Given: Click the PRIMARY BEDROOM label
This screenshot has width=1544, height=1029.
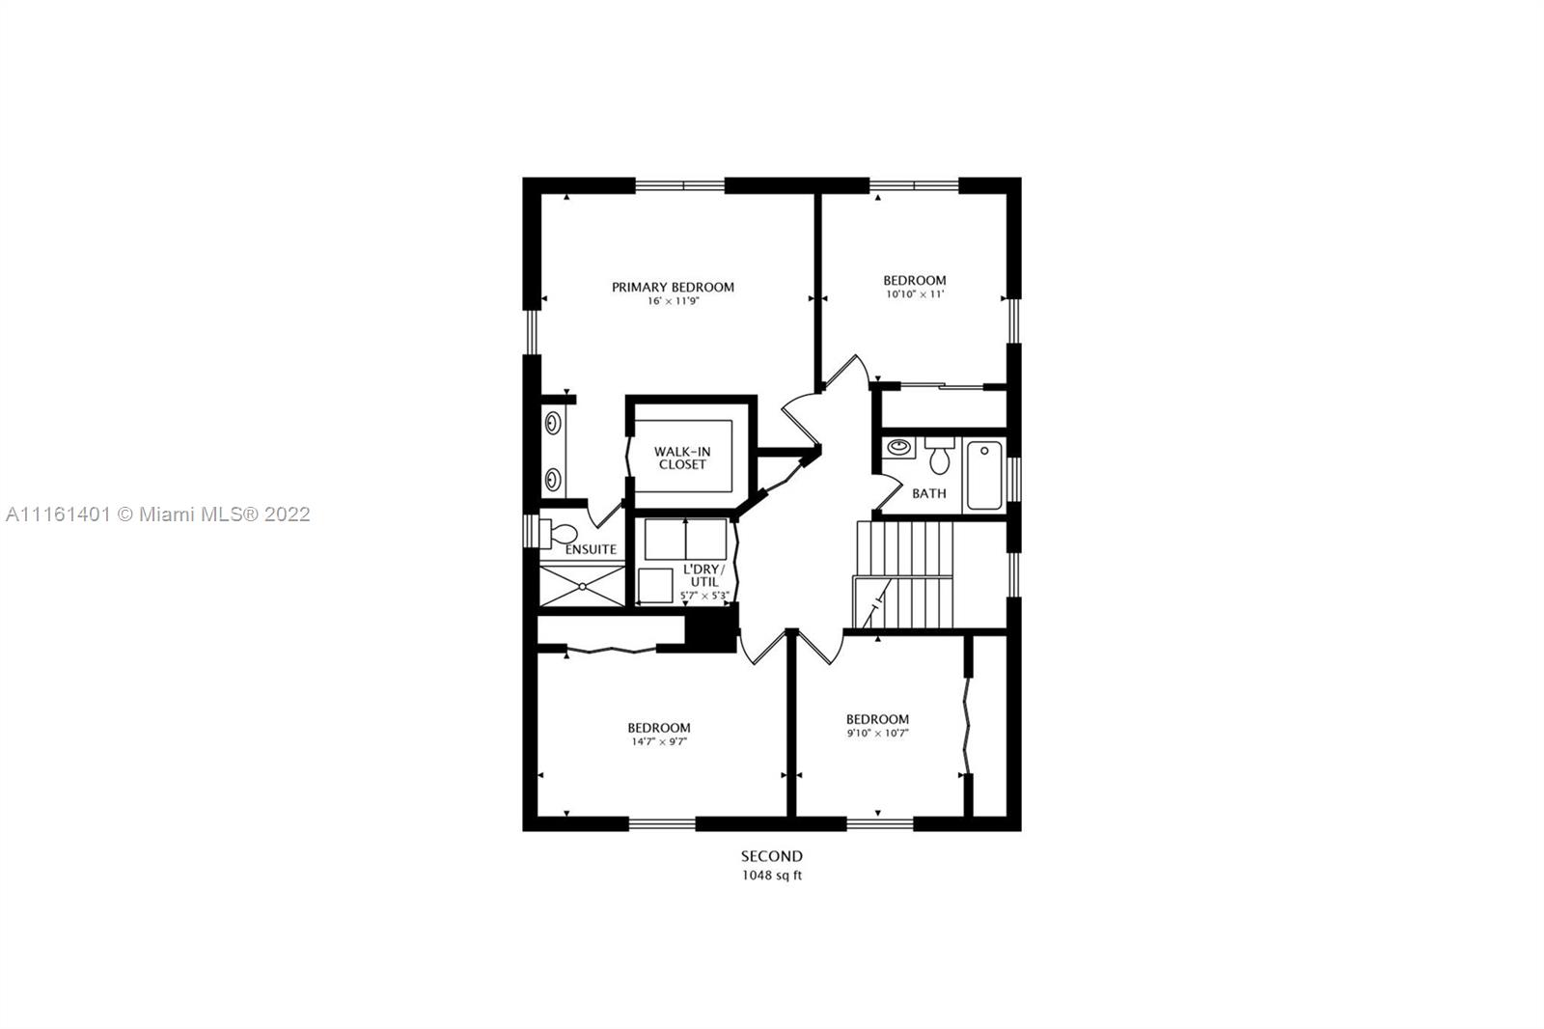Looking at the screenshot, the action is pyautogui.click(x=673, y=287).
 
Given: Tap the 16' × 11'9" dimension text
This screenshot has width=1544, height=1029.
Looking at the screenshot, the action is pyautogui.click(x=673, y=301).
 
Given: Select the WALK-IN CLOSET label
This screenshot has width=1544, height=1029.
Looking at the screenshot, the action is pyautogui.click(x=682, y=458).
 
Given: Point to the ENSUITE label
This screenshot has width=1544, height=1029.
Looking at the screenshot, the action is pyautogui.click(x=591, y=549).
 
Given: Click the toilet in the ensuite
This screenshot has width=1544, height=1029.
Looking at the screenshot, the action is pyautogui.click(x=559, y=534).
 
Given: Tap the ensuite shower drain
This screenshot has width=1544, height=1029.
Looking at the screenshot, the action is pyautogui.click(x=583, y=586).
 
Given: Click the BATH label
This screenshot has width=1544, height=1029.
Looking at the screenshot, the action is pyautogui.click(x=929, y=494).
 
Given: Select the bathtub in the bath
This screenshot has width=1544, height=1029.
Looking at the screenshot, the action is pyautogui.click(x=984, y=476).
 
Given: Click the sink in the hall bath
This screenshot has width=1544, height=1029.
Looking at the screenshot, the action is pyautogui.click(x=898, y=448).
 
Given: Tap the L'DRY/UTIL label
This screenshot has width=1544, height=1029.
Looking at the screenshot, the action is pyautogui.click(x=704, y=576).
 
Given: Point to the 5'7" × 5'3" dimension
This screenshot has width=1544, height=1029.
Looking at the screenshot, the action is pyautogui.click(x=704, y=596).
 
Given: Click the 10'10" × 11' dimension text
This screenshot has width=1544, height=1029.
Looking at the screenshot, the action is pyautogui.click(x=915, y=294).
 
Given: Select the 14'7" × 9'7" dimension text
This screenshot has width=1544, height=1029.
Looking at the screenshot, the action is pyautogui.click(x=660, y=742).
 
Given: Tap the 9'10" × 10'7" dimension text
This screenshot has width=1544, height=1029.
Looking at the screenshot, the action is pyautogui.click(x=877, y=733).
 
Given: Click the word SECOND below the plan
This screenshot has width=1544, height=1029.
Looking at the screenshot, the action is pyautogui.click(x=772, y=856).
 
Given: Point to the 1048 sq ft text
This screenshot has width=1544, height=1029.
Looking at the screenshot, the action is pyautogui.click(x=772, y=876).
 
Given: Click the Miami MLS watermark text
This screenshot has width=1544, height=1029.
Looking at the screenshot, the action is pyautogui.click(x=158, y=514).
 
